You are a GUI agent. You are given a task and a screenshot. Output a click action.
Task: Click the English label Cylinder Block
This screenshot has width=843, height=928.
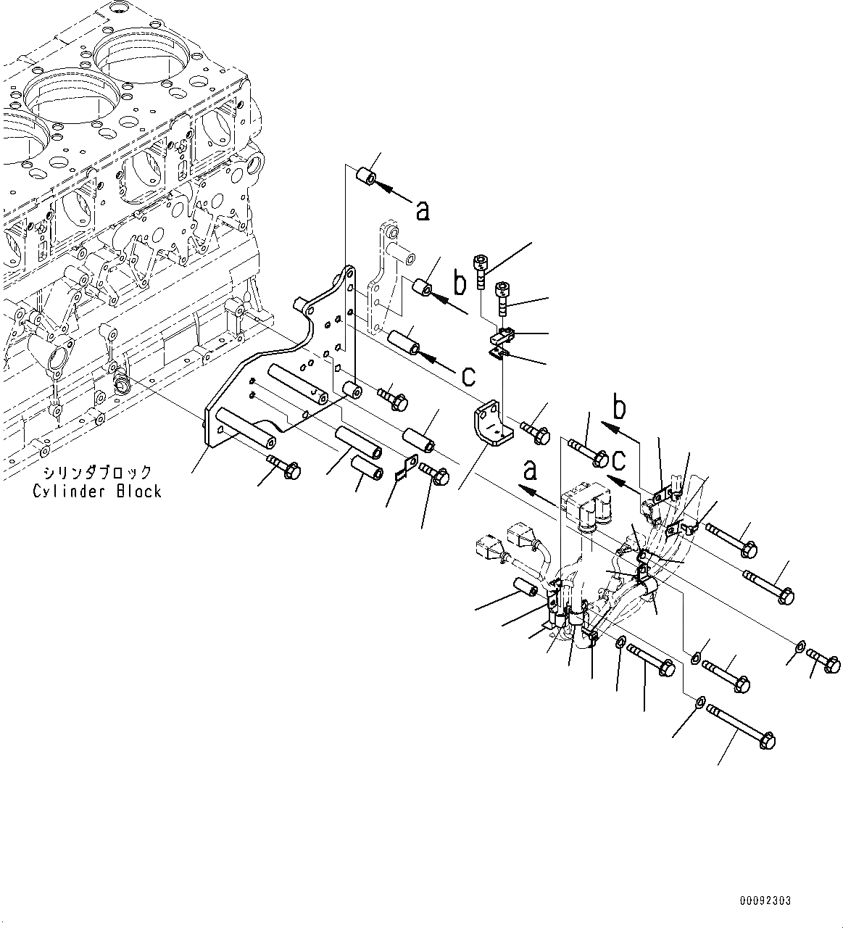96,491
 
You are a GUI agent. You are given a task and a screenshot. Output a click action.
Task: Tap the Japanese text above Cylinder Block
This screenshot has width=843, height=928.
97,472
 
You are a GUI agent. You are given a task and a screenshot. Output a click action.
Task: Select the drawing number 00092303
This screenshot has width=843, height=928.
765,900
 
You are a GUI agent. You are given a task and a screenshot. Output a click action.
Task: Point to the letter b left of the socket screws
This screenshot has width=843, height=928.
460,284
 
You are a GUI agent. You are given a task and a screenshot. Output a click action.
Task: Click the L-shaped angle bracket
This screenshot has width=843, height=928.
491,427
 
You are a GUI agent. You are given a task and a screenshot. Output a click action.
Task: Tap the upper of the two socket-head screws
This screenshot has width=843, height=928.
481,269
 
